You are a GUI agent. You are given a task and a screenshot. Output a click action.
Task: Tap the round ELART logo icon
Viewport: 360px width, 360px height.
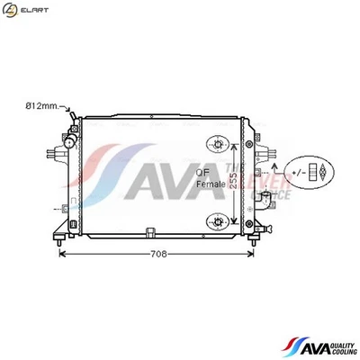click(10, 10)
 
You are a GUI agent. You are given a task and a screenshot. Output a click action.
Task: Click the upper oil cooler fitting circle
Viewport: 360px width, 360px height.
click(217, 143)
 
